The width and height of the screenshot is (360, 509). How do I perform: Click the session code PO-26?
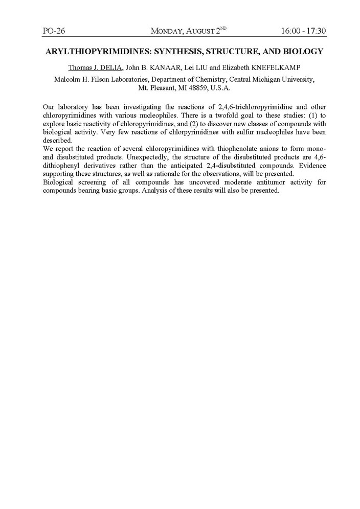point(53,31)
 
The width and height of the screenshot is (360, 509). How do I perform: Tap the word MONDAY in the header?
point(169,32)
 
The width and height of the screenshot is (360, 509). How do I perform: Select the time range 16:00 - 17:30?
point(303,31)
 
